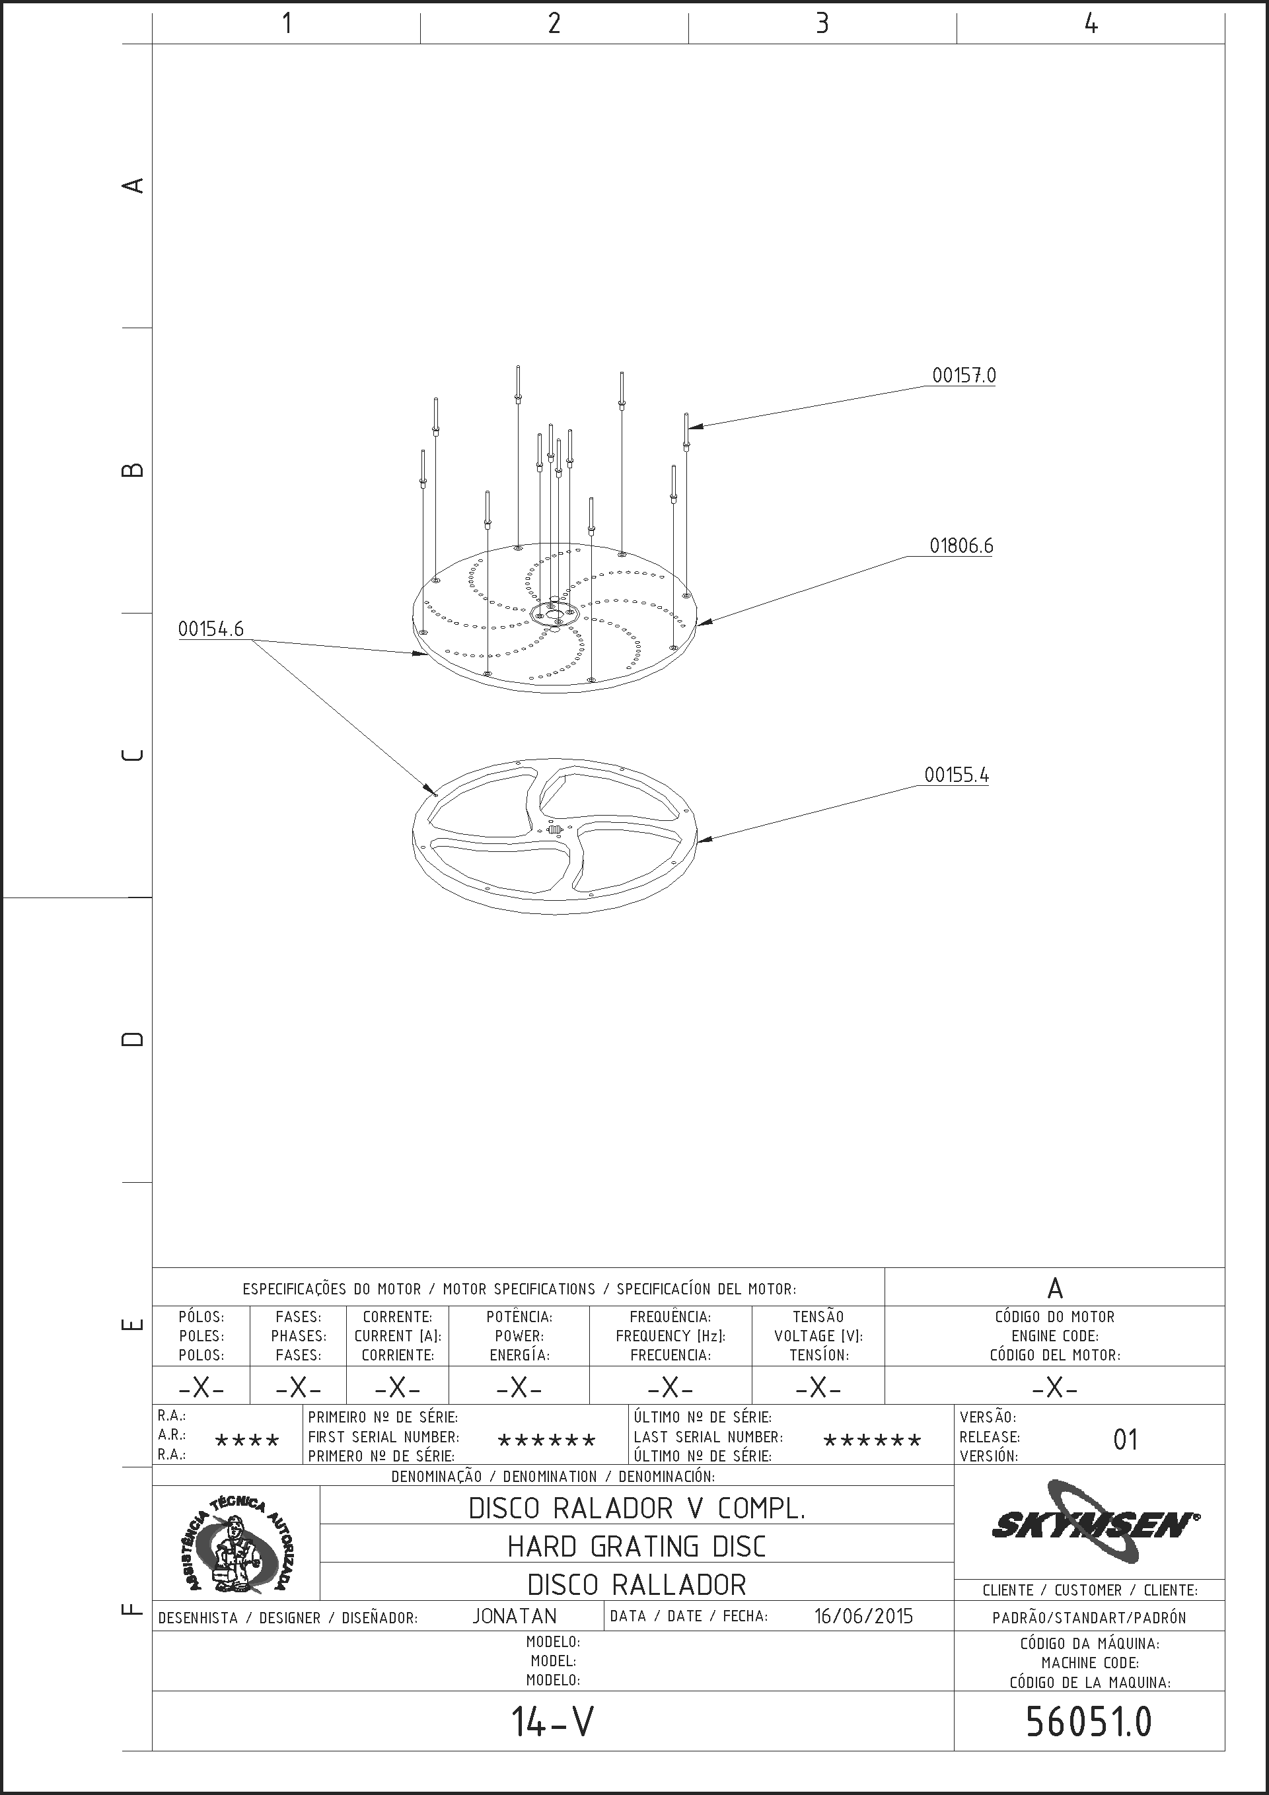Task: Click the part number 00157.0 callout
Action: (964, 375)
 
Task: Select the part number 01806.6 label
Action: (961, 546)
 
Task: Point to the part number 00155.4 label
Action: (957, 775)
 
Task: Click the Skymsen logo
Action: (1095, 1523)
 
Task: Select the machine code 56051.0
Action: (1089, 1722)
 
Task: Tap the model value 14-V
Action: (553, 1722)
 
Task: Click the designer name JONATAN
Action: (515, 1616)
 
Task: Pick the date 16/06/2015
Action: (863, 1616)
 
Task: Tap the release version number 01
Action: (1125, 1439)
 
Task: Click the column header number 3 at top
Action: (822, 24)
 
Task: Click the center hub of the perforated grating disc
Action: (554, 614)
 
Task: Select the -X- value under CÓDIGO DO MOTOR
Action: (1055, 1388)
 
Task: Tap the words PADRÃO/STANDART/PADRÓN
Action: (1089, 1617)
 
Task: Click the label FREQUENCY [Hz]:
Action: (671, 1336)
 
